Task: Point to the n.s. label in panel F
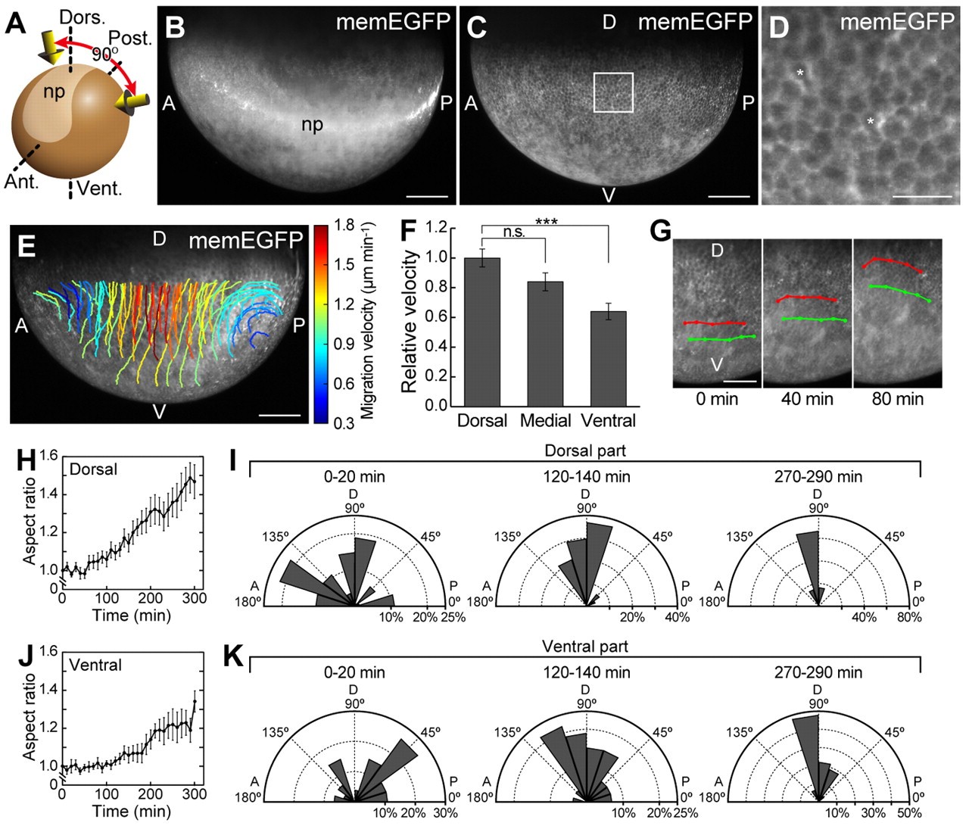[514, 232]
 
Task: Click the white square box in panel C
[613, 92]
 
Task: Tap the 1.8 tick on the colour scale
[344, 225]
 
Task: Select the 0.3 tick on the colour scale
[344, 423]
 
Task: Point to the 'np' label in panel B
[312, 124]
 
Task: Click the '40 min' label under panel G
[807, 398]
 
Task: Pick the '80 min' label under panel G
[898, 398]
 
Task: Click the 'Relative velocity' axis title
[410, 323]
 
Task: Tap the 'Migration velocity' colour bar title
[368, 321]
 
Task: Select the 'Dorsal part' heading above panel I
[585, 450]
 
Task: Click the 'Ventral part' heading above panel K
[585, 647]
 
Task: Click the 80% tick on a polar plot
[908, 617]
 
